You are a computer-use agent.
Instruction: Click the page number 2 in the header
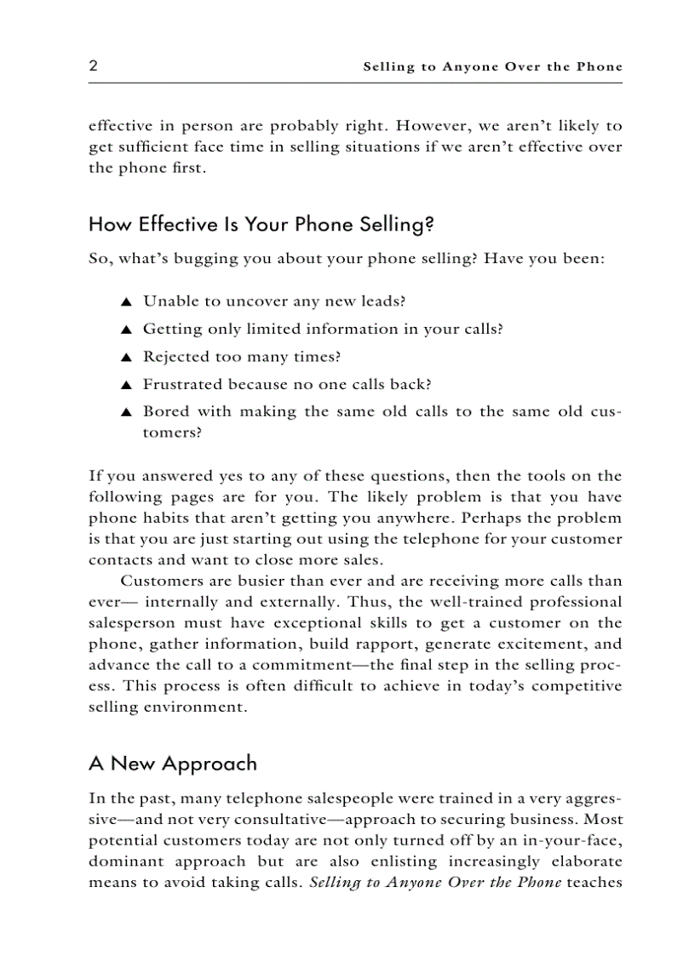[93, 66]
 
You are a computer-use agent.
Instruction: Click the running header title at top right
[492, 66]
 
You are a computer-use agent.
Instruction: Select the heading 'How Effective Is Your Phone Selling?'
[261, 225]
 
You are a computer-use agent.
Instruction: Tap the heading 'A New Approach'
[172, 763]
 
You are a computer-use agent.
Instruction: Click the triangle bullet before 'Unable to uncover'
[125, 302]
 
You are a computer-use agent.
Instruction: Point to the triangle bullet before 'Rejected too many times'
[125, 358]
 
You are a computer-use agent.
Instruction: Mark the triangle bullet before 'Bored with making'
[125, 413]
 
